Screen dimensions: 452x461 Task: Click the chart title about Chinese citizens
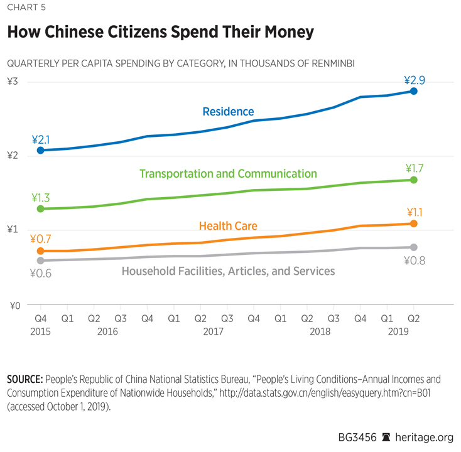[x=160, y=32]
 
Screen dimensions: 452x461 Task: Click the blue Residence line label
[x=228, y=112]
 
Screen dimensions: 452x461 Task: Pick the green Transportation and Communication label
[x=228, y=173]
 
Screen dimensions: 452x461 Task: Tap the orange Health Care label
[x=228, y=226]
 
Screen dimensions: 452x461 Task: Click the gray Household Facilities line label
[x=228, y=271]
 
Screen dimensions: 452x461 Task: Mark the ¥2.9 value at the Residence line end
[x=415, y=80]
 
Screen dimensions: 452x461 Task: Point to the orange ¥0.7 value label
[x=41, y=239]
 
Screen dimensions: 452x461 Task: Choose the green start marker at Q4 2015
[x=41, y=208]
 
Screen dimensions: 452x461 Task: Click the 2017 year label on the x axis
[x=214, y=331]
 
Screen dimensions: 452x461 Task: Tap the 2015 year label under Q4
[x=41, y=331]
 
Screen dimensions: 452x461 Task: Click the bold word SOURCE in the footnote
[x=23, y=380]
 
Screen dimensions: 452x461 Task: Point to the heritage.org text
[x=423, y=436]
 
